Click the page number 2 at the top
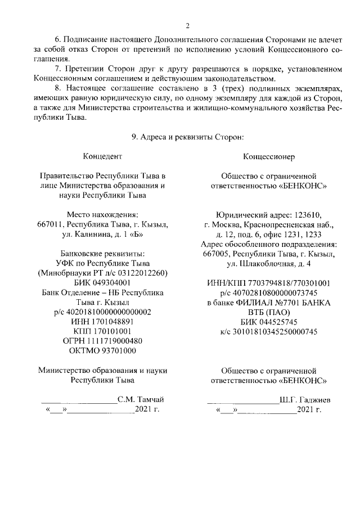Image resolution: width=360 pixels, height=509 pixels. click(x=188, y=25)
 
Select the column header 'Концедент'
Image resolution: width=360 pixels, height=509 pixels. click(x=102, y=155)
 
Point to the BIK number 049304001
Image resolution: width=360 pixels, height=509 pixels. click(x=103, y=282)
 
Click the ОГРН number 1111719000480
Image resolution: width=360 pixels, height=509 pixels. click(x=103, y=341)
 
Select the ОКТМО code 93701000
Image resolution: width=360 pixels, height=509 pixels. click(x=103, y=350)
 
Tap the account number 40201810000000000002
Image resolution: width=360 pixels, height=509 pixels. click(x=103, y=312)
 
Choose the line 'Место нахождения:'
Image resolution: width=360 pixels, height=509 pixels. click(x=102, y=214)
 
